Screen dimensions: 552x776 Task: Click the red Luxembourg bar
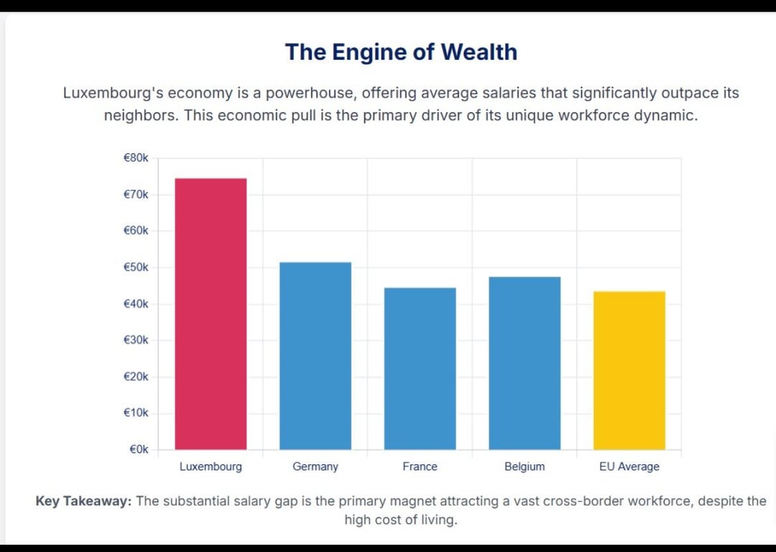211,314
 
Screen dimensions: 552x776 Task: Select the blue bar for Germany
315,356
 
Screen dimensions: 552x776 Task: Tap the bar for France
420,369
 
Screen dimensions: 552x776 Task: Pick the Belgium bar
525,363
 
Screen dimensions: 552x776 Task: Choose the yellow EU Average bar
629,370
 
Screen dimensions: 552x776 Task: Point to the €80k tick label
136,158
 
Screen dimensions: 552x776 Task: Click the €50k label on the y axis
136,267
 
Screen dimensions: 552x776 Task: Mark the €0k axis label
139,450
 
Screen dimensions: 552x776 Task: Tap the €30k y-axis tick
136,340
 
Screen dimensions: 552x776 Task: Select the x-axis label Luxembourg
211,466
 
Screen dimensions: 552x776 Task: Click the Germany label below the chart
315,466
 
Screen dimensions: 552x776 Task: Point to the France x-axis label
420,466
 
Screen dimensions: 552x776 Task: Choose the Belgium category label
525,466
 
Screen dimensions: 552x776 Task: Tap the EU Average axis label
629,466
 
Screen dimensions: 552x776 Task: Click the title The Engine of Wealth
401,52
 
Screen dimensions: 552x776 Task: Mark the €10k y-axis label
136,413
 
